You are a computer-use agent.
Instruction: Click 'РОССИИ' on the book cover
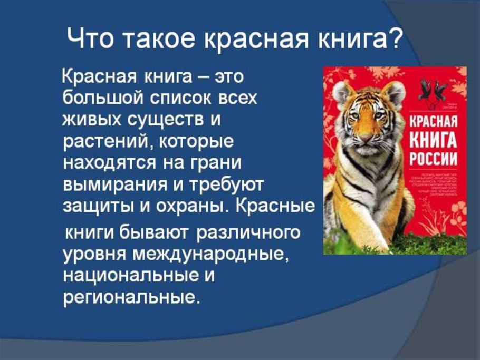coord(432,157)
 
